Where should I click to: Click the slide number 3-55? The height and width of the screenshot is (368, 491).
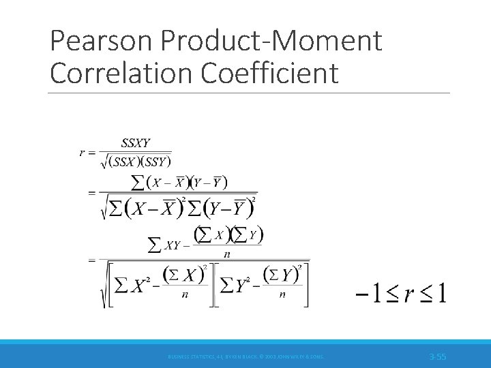click(437, 356)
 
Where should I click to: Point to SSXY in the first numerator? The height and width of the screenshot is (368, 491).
click(135, 144)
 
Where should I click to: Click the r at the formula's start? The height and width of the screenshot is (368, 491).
click(83, 153)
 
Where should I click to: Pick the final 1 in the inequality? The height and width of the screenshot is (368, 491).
click(440, 294)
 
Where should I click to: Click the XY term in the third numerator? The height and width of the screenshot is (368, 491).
click(173, 245)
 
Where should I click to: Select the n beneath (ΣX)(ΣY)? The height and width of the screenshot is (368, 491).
click(226, 254)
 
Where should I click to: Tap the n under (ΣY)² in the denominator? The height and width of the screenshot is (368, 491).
click(282, 296)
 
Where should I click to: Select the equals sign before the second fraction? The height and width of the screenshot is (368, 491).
click(91, 193)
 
